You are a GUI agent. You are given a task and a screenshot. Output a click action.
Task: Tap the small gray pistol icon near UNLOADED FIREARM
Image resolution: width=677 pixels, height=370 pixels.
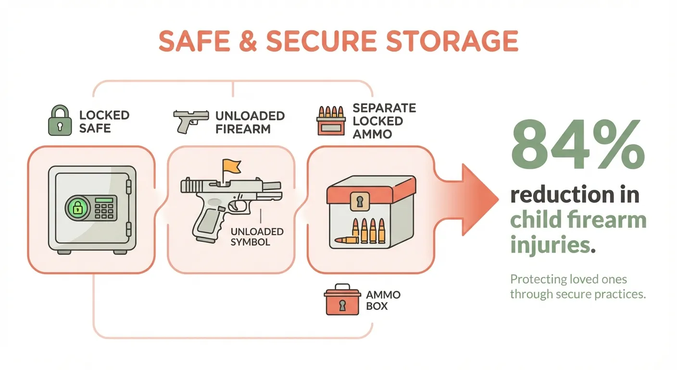(x=190, y=120)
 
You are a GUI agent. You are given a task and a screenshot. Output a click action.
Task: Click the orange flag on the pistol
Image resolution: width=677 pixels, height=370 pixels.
(x=229, y=167)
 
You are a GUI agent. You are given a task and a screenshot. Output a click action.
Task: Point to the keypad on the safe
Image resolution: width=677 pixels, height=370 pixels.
(x=105, y=208)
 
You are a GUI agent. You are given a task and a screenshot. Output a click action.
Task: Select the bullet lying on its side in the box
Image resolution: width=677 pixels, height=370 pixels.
(x=348, y=239)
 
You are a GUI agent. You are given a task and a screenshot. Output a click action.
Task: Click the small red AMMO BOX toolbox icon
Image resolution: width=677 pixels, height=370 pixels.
(x=342, y=301)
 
